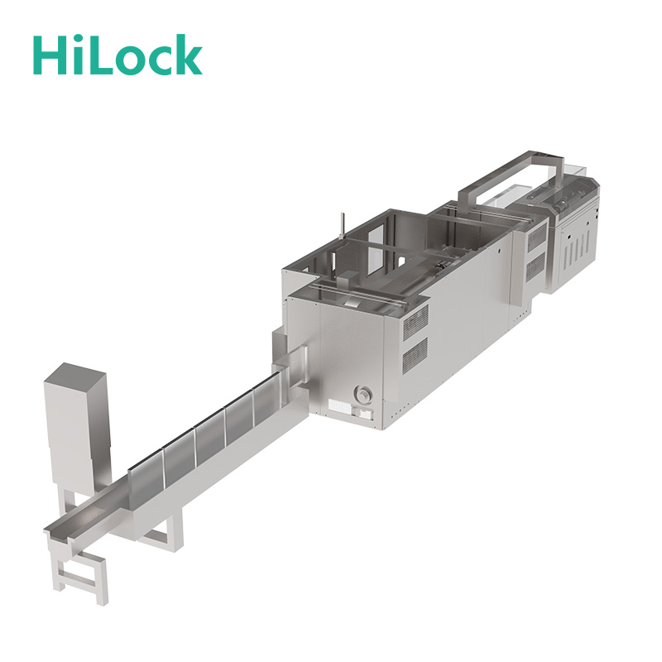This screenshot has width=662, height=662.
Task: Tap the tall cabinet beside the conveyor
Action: pyautogui.click(x=77, y=426)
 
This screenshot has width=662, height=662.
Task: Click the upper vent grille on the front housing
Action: pyautogui.click(x=415, y=322)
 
